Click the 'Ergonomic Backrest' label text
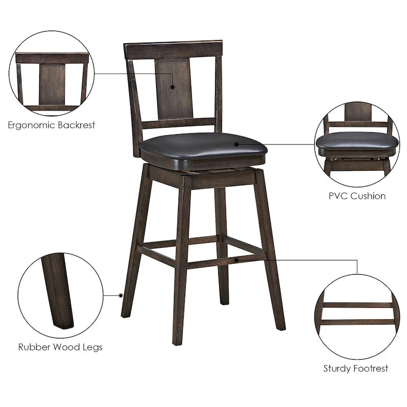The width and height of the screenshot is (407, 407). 51,125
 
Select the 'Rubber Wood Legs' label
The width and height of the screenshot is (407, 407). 60,347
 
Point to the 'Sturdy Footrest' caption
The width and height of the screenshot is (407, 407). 356,368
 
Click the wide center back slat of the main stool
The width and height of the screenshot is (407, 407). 173,89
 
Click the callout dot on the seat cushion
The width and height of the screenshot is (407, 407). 237,144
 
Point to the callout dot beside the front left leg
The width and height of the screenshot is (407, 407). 121,295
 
